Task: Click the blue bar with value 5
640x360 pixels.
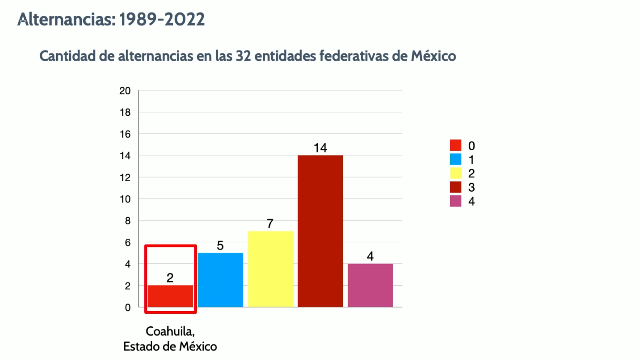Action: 220,280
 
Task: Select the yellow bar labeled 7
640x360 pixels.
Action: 271,269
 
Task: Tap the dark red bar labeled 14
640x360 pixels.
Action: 320,231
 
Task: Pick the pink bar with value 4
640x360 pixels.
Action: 370,285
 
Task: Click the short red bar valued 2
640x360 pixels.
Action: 170,296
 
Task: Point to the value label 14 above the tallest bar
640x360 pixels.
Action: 320,148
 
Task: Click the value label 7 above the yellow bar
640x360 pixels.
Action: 270,223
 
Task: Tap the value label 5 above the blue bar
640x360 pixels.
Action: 220,245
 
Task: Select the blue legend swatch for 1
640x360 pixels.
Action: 455,159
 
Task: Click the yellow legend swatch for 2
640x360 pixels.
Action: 455,173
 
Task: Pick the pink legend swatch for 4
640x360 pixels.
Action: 455,201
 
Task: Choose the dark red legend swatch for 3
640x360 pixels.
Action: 455,187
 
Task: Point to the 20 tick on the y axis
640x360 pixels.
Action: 125,91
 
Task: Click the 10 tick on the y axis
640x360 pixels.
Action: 125,199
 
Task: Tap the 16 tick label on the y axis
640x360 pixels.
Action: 125,134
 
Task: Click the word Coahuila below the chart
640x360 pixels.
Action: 169,331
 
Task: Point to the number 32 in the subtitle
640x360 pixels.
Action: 243,56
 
